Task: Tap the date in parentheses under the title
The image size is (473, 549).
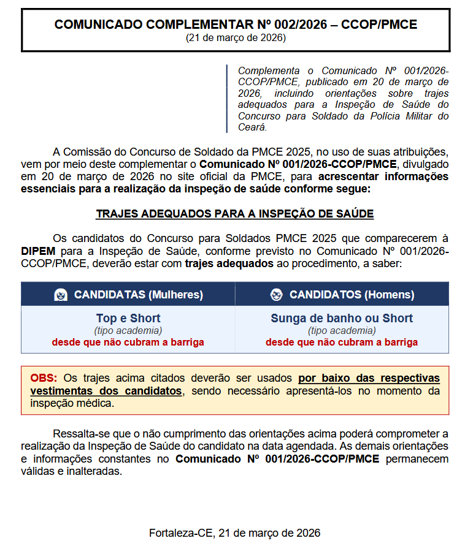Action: (236, 38)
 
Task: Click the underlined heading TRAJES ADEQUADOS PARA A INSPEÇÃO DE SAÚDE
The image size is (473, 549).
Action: (235, 214)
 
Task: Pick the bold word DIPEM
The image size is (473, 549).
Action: (38, 251)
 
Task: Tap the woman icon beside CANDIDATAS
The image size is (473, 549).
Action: (60, 295)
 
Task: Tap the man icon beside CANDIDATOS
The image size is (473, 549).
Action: (276, 295)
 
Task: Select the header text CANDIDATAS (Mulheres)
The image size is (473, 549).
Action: (138, 295)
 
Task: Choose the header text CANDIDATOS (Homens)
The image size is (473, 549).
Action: (352, 295)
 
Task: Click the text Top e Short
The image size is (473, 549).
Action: (128, 319)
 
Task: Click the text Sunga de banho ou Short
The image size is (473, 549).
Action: (342, 319)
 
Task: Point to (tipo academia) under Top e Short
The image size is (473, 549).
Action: (128, 331)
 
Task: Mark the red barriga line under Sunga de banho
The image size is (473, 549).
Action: (342, 343)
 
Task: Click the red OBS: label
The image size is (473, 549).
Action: (44, 378)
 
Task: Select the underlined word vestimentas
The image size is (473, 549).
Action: (63, 391)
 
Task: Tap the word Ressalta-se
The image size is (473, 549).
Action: (82, 434)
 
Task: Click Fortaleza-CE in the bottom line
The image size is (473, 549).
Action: (180, 533)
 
